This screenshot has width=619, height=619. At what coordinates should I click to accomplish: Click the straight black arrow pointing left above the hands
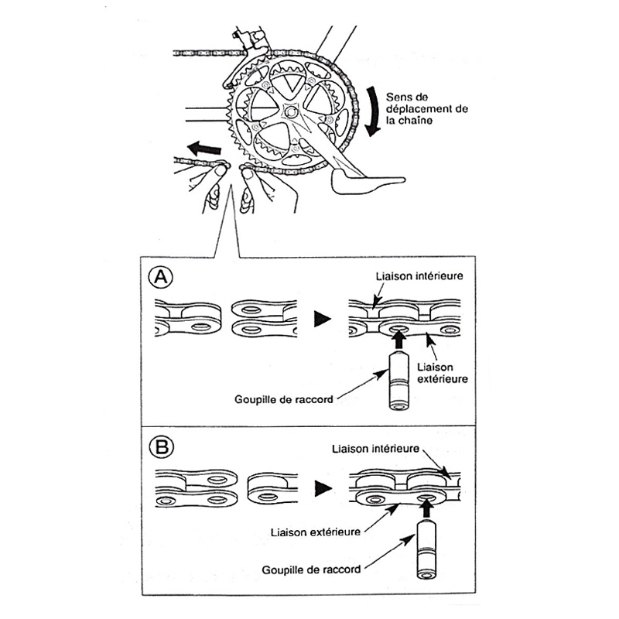click(x=203, y=146)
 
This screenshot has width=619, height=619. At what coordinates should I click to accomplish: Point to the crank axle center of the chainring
click(x=290, y=112)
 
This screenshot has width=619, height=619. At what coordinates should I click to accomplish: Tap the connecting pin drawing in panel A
click(x=399, y=381)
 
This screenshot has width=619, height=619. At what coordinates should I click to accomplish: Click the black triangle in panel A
click(x=320, y=318)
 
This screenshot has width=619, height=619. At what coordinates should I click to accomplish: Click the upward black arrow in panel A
click(x=398, y=339)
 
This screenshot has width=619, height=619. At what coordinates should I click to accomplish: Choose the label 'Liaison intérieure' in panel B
click(x=375, y=448)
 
